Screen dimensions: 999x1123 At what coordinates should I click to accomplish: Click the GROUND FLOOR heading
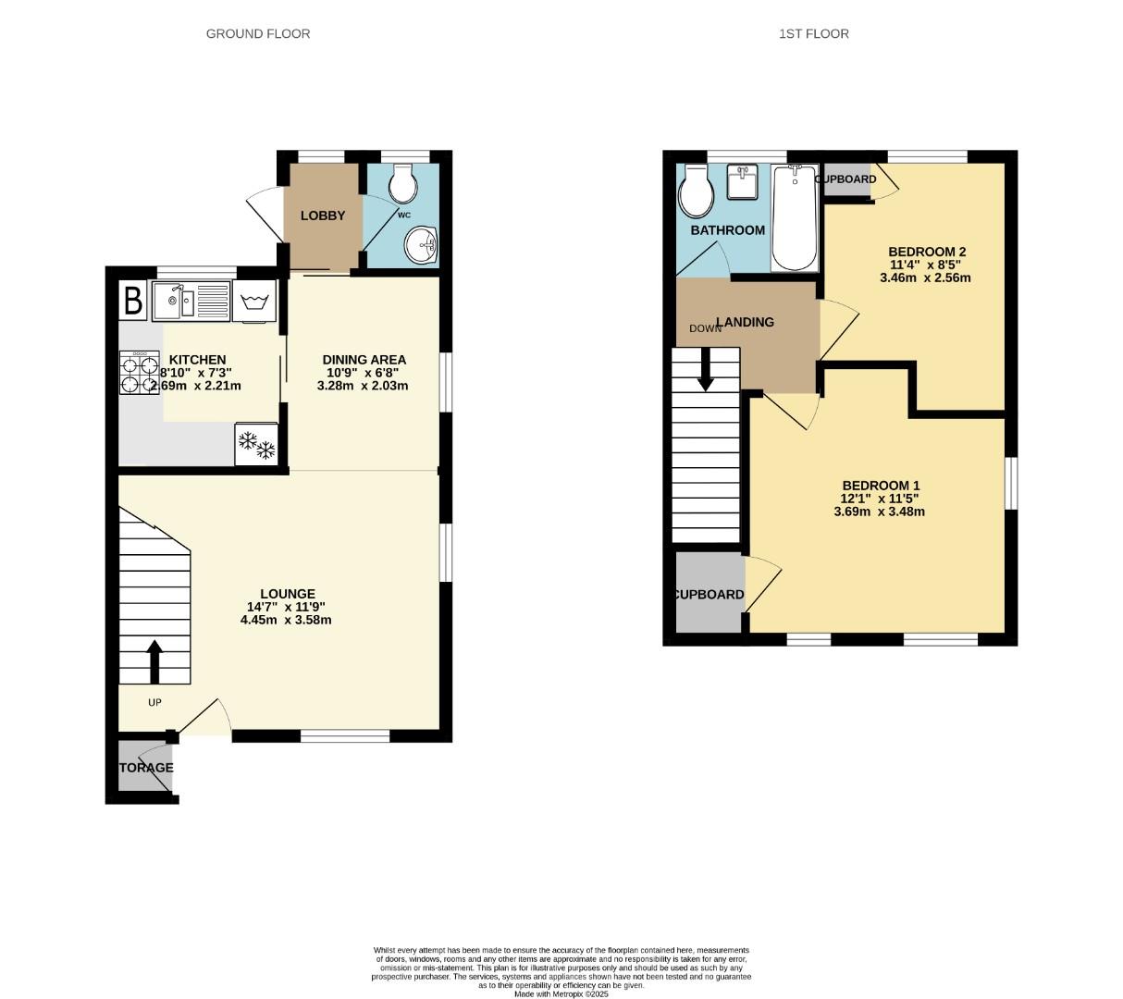[257, 33]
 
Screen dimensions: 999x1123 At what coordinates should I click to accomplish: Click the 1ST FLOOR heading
[813, 33]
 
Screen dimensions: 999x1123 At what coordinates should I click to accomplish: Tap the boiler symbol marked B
[133, 301]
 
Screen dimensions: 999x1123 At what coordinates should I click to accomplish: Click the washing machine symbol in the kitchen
[255, 302]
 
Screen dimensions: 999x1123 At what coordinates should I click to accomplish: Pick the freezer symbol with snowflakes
[256, 445]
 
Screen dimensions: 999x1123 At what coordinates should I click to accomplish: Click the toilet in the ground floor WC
[403, 184]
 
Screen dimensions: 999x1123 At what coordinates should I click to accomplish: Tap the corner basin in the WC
[423, 245]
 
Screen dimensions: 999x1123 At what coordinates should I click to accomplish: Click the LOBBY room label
[323, 216]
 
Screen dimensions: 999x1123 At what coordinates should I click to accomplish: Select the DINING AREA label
[364, 360]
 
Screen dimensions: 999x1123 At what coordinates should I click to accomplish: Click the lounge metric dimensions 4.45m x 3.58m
[287, 620]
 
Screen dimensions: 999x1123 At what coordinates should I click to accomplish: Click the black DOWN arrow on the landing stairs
[706, 369]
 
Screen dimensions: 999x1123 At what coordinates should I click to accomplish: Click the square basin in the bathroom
[743, 182]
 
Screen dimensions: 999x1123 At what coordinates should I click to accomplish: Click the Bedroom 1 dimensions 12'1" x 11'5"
[880, 499]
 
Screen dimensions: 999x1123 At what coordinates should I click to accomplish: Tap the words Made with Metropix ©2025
[561, 993]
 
